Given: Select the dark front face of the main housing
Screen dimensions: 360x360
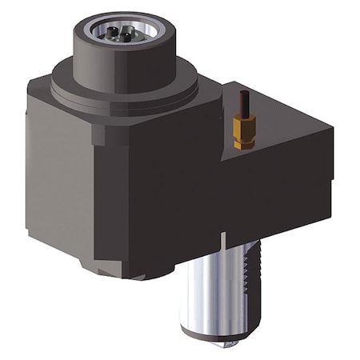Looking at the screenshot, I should pyautogui.click(x=160, y=192).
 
